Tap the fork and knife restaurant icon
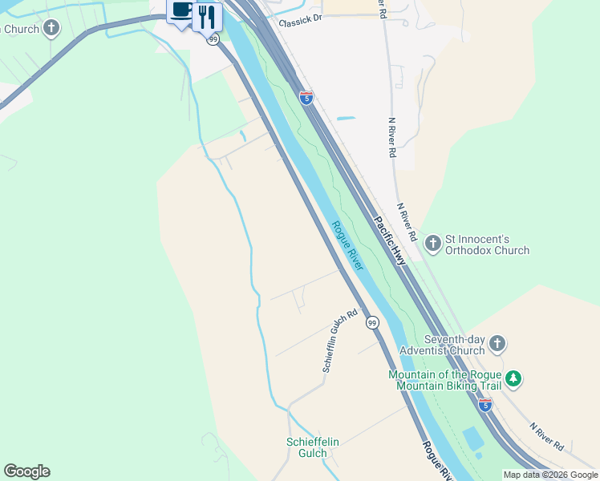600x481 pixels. point(208,14)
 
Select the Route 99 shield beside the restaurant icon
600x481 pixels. point(213,38)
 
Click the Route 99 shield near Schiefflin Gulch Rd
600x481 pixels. point(372,322)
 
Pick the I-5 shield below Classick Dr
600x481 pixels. point(306,98)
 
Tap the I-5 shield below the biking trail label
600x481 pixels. point(484,405)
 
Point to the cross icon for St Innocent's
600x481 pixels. point(433,241)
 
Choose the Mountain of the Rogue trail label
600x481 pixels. point(444,380)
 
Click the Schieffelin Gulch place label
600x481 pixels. point(307,447)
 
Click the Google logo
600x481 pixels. point(26,471)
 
